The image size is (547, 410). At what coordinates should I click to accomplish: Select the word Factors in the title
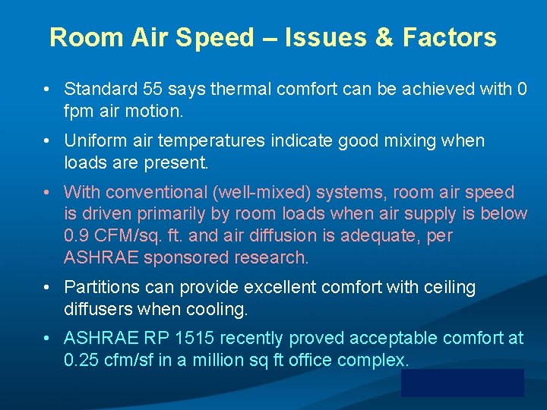tap(450, 37)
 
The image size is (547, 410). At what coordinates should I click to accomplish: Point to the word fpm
tap(78, 112)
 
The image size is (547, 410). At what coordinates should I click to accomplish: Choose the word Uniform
tap(94, 141)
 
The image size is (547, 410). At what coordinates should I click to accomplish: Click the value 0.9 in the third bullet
tap(78, 236)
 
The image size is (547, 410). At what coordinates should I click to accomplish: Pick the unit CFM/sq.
tap(134, 236)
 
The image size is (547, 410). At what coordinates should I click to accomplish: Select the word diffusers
tap(99, 309)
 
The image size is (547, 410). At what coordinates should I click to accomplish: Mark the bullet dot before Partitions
tap(47, 288)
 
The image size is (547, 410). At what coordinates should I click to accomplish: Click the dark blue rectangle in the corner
tap(462, 383)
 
